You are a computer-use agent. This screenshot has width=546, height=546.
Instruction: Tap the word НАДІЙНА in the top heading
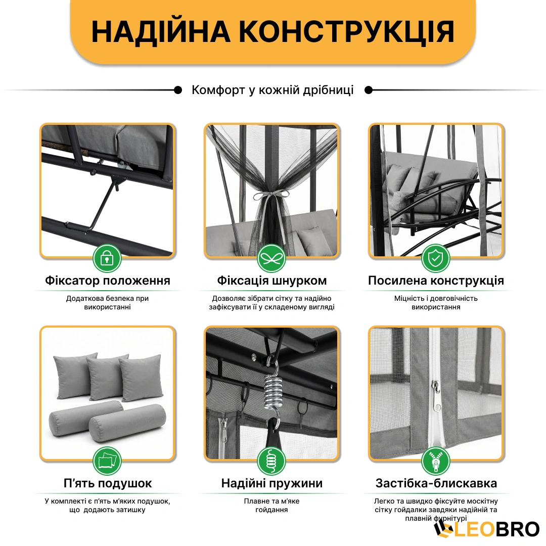161,31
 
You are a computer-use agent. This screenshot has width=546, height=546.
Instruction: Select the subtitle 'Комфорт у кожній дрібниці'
272,90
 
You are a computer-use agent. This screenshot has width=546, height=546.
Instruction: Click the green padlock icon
107,258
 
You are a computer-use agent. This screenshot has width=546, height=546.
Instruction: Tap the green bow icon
271,258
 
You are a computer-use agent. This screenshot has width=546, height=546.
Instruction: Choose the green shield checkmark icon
436,258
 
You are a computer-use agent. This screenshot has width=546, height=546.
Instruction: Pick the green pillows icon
107,461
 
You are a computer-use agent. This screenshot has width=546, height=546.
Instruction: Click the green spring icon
271,461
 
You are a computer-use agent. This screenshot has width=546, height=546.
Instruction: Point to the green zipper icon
436,461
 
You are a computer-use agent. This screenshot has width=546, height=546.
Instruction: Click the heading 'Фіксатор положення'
108,280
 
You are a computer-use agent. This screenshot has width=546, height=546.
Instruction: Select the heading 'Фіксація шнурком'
272,280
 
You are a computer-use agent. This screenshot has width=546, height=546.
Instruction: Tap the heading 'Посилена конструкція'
436,280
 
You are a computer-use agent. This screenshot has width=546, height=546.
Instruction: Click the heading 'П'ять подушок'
108,483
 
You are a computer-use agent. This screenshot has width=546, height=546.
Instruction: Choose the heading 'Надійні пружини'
272,483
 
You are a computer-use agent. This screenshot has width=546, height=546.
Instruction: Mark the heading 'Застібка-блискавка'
436,483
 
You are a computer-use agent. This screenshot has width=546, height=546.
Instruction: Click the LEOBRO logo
487,529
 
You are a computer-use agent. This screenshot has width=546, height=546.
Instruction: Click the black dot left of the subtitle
178,90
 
